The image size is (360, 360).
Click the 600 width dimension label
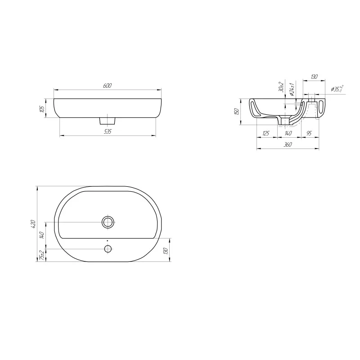tap(107, 85)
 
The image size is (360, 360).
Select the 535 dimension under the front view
tap(107, 131)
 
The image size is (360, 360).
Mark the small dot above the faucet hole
tap(108, 241)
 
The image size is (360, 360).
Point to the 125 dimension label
tap(265, 133)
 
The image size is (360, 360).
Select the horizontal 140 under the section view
tap(288, 133)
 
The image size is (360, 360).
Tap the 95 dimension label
tap(309, 133)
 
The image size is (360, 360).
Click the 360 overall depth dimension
tap(288, 144)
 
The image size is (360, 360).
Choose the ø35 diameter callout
tap(337, 89)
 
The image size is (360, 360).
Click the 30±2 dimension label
tap(280, 87)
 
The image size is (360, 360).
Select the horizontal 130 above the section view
tap(314, 77)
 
